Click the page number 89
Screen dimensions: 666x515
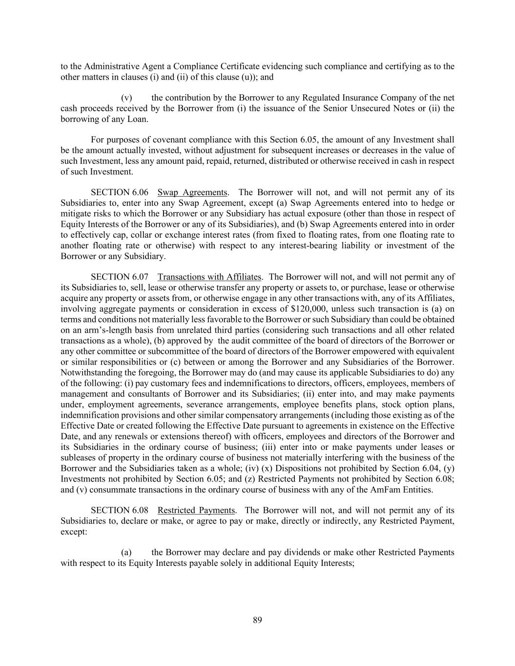coord(257,620)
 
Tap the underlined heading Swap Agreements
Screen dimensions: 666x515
coord(192,192)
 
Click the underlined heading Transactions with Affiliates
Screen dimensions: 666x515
coord(209,277)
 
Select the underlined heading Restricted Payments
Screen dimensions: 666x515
coord(196,510)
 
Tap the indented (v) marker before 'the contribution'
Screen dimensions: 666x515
coord(126,98)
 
